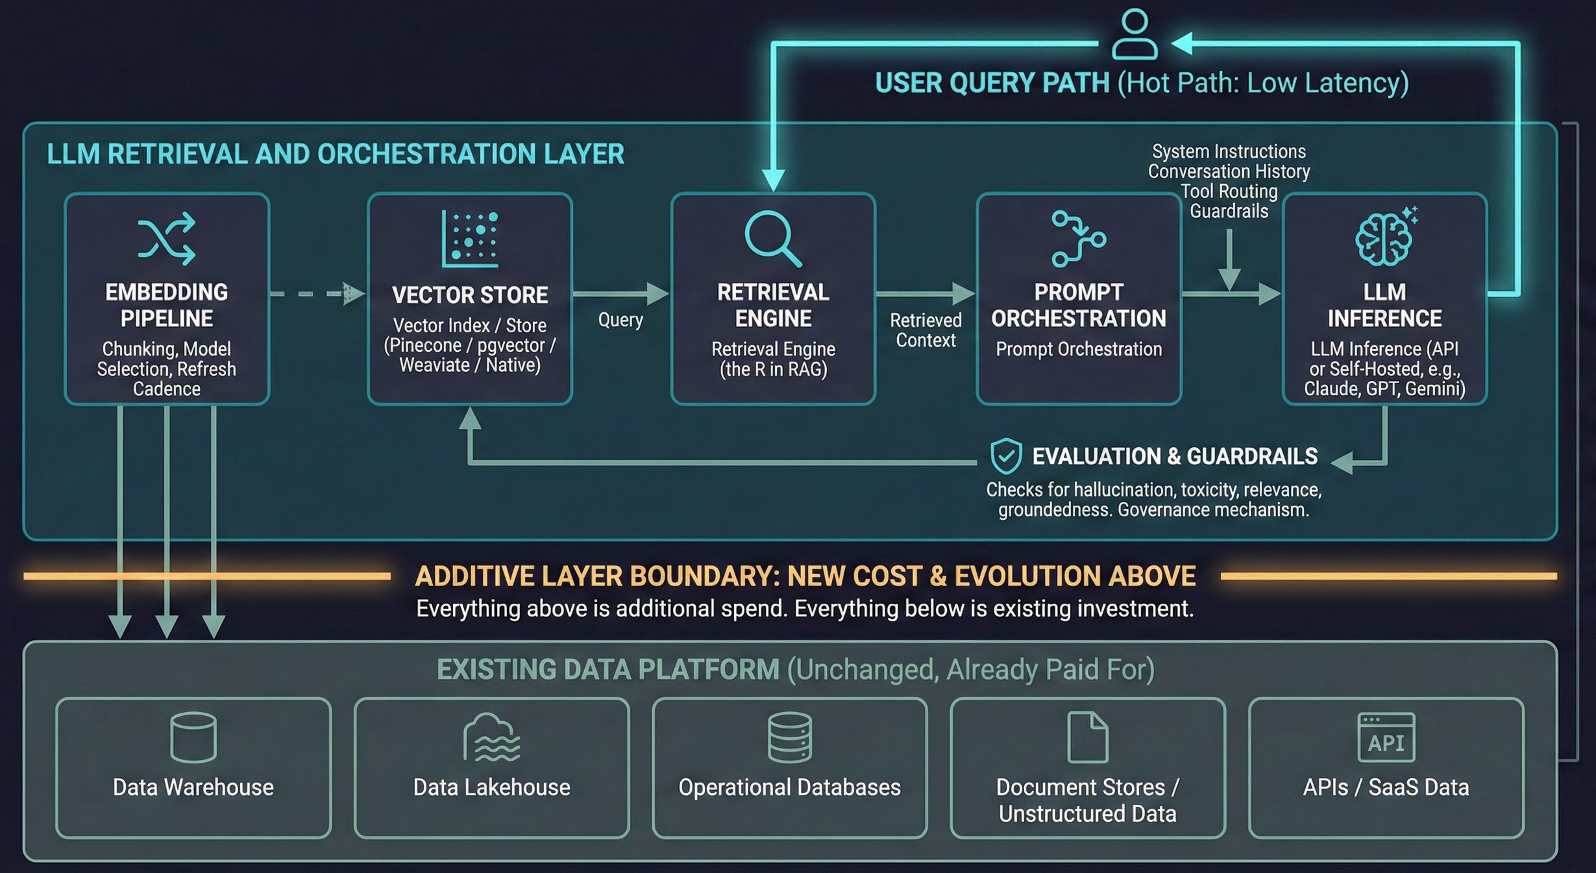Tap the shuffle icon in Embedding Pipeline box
[x=167, y=238]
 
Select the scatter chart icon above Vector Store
[x=470, y=238]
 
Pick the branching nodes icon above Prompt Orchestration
[x=1079, y=238]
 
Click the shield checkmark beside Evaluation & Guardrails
[x=1006, y=456]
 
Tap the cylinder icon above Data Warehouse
[x=193, y=737]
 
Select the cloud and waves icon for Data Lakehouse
[x=491, y=737]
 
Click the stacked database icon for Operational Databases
[x=789, y=737]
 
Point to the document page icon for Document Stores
[x=1088, y=737]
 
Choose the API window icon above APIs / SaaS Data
[x=1386, y=737]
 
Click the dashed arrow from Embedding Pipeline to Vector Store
[x=317, y=293]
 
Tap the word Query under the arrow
[x=620, y=320]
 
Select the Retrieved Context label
[x=926, y=330]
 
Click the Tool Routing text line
[x=1229, y=191]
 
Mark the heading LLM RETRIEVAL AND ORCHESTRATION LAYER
[x=336, y=154]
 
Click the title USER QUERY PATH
[x=992, y=83]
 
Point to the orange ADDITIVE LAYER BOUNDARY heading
[x=805, y=576]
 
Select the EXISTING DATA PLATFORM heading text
[x=608, y=669]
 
